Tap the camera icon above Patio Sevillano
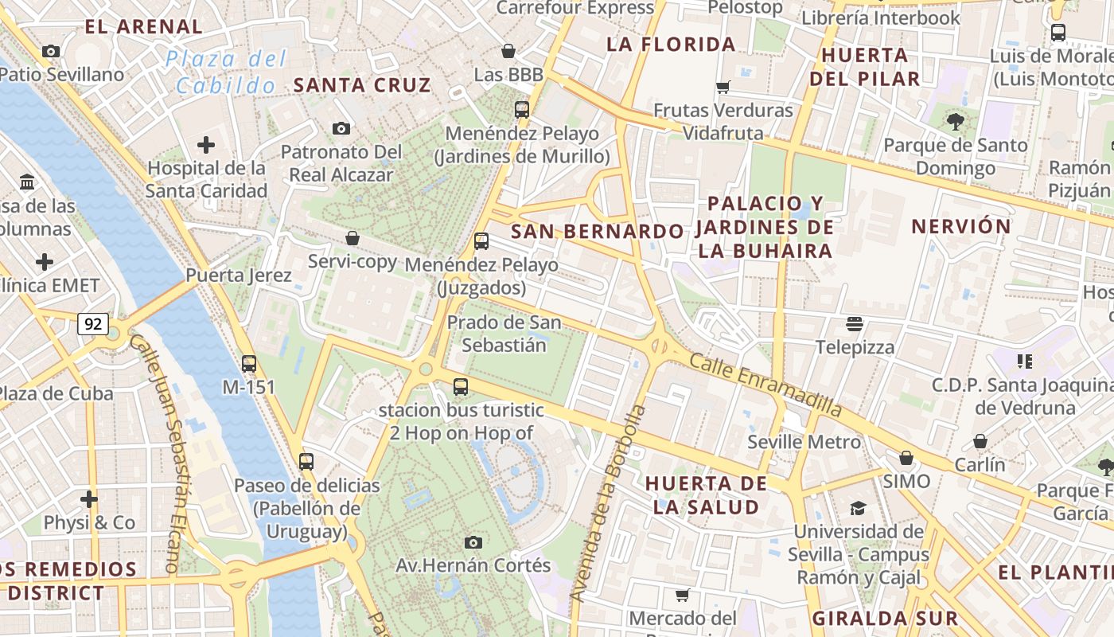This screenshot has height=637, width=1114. pyautogui.click(x=51, y=51)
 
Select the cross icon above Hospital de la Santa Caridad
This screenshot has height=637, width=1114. pyautogui.click(x=206, y=144)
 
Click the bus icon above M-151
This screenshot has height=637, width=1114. pyautogui.click(x=249, y=364)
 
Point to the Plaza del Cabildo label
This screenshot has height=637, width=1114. pyautogui.click(x=227, y=72)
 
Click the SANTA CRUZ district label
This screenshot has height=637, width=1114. pyautogui.click(x=362, y=85)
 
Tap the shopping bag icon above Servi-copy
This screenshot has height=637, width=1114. pyautogui.click(x=353, y=238)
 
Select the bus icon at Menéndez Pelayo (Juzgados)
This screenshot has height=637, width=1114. pyautogui.click(x=481, y=241)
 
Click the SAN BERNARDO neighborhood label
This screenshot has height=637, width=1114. pyautogui.click(x=597, y=232)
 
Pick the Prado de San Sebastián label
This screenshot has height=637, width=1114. pyautogui.click(x=504, y=334)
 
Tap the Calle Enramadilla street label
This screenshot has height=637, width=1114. pyautogui.click(x=765, y=385)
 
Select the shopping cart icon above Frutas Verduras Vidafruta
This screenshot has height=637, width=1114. pyautogui.click(x=723, y=88)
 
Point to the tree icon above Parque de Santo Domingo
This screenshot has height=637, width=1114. pyautogui.click(x=956, y=122)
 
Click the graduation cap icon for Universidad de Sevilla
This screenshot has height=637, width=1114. pyautogui.click(x=858, y=508)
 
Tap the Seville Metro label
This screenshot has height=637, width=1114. pyautogui.click(x=804, y=442)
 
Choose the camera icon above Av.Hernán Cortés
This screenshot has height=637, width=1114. pyautogui.click(x=473, y=542)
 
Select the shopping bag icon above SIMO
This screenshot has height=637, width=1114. pyautogui.click(x=906, y=458)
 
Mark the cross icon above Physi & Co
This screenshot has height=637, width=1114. pyautogui.click(x=89, y=499)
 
